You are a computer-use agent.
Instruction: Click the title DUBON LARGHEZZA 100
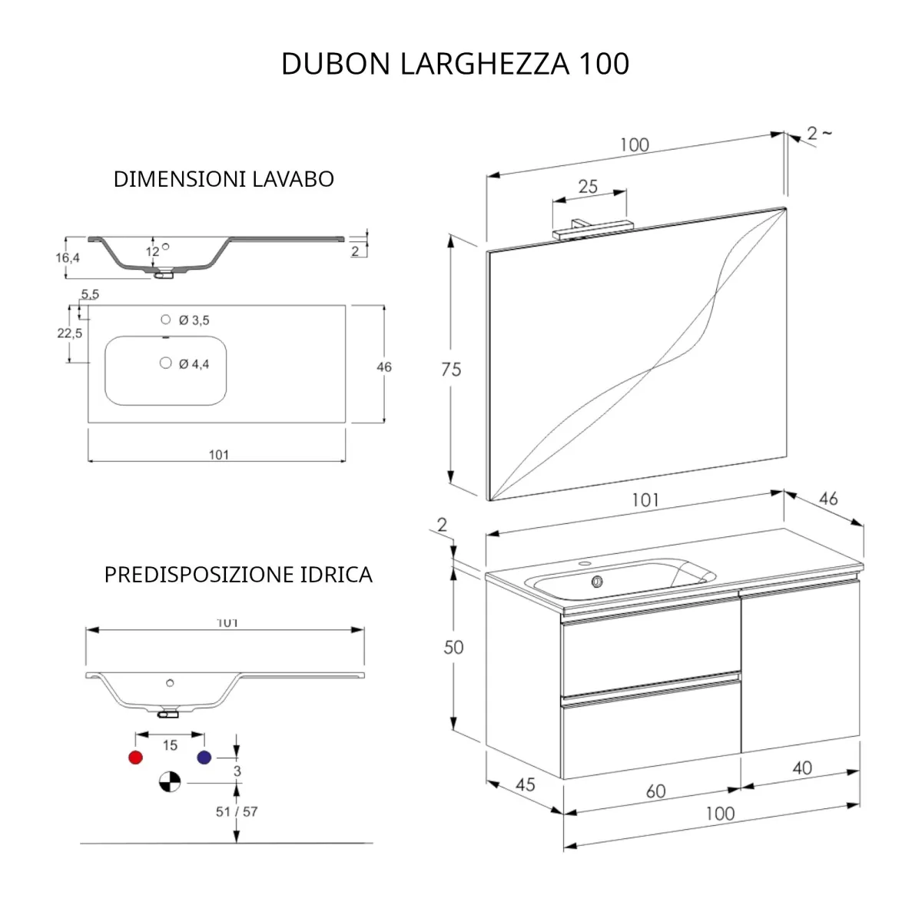[x=455, y=64]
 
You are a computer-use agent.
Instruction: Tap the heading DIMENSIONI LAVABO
[x=224, y=179]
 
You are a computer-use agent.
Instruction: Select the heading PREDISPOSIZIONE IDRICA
[x=238, y=575]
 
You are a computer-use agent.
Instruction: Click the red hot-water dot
[x=136, y=758]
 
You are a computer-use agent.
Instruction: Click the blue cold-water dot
[x=204, y=758]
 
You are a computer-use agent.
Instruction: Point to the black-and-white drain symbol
[x=169, y=782]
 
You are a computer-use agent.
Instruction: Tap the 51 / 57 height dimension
[x=236, y=811]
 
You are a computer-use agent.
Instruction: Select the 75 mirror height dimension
[x=451, y=370]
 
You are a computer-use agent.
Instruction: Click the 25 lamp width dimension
[x=588, y=186]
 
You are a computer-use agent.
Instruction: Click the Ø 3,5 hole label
[x=194, y=320]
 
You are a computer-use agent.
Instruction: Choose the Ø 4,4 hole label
[x=194, y=364]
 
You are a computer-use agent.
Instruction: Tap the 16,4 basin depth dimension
[x=68, y=258]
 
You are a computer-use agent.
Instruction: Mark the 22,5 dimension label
[x=69, y=333]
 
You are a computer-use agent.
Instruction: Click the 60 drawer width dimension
[x=655, y=791]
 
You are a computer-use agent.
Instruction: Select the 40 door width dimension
[x=801, y=768]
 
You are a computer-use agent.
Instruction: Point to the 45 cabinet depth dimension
[x=525, y=784]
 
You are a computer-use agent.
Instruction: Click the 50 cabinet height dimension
[x=453, y=647]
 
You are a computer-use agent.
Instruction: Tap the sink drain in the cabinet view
[x=596, y=582]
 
